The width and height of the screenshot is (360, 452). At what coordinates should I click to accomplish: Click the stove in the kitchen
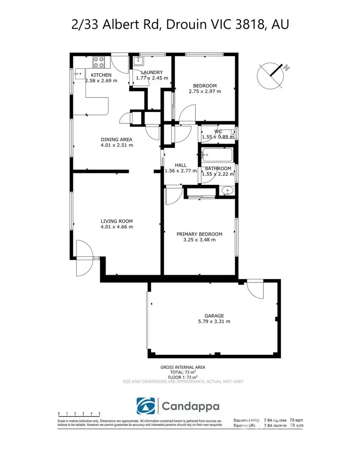99,62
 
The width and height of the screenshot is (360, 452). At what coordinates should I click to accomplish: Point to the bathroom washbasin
227,191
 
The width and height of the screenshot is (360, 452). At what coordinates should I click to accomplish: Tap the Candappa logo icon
145,406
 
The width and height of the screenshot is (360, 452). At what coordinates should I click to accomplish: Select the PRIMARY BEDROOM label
199,234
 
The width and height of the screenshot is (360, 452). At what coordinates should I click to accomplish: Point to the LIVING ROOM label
116,221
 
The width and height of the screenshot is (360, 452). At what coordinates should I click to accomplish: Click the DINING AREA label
116,138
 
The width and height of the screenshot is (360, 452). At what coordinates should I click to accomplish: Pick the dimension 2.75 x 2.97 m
204,91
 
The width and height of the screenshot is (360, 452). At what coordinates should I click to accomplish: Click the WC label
218,131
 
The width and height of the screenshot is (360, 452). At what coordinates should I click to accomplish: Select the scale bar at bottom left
79,414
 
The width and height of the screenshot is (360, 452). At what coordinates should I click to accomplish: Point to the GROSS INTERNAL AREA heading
182,367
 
